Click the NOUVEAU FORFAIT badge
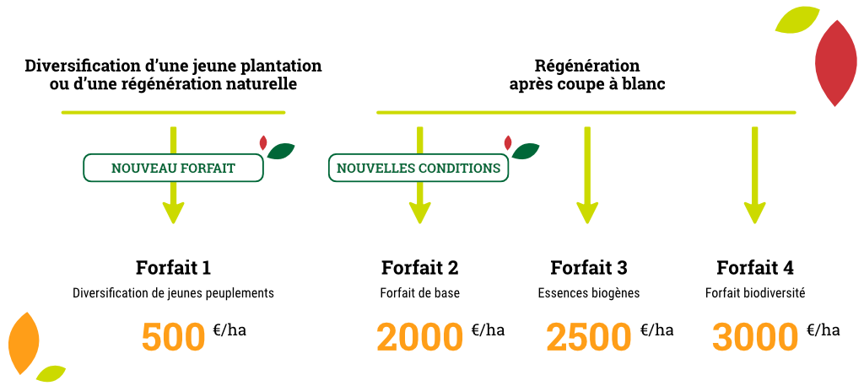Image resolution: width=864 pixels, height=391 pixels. pos(173,169)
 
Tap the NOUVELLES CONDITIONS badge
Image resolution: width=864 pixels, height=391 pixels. pos(418,169)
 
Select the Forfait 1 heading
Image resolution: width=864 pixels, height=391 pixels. pos(173,268)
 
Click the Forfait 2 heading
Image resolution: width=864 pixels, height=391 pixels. pos(419,268)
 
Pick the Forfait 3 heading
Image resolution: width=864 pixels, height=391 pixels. pos(589,268)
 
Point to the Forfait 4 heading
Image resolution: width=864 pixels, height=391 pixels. pos(755,268)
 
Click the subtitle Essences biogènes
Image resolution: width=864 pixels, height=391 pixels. pos(589,294)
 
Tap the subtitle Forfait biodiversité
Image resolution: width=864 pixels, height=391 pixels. pos(755,294)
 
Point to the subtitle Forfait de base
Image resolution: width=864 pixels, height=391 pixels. pos(419,294)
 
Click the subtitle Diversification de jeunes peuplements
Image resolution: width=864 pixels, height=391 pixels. pos(173,294)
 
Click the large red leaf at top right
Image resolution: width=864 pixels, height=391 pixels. pos(835,62)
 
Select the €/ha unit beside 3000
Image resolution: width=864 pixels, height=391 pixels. pos(823,329)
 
